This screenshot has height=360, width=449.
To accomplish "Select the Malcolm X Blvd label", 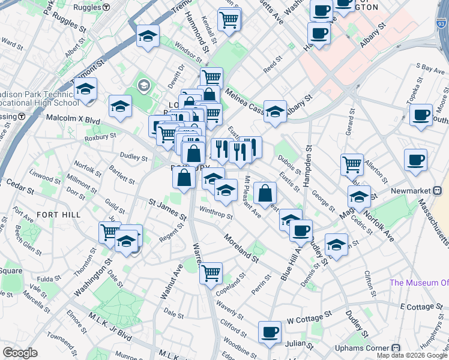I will pyautogui.click(x=73, y=119).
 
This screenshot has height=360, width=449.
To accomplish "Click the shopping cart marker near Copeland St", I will pyautogui.click(x=211, y=273).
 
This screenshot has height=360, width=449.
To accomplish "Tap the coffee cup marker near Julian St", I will pyautogui.click(x=270, y=332).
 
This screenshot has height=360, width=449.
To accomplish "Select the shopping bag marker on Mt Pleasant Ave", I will pyautogui.click(x=265, y=193).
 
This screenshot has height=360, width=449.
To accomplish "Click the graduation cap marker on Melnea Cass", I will pyautogui.click(x=275, y=111).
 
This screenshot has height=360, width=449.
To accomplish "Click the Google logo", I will pyautogui.click(x=20, y=353).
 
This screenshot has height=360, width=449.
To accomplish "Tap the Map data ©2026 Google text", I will pyautogui.click(x=412, y=355).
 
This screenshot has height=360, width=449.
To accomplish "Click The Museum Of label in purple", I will pyautogui.click(x=418, y=283).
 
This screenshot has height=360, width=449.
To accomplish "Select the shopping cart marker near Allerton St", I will pyautogui.click(x=352, y=163).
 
